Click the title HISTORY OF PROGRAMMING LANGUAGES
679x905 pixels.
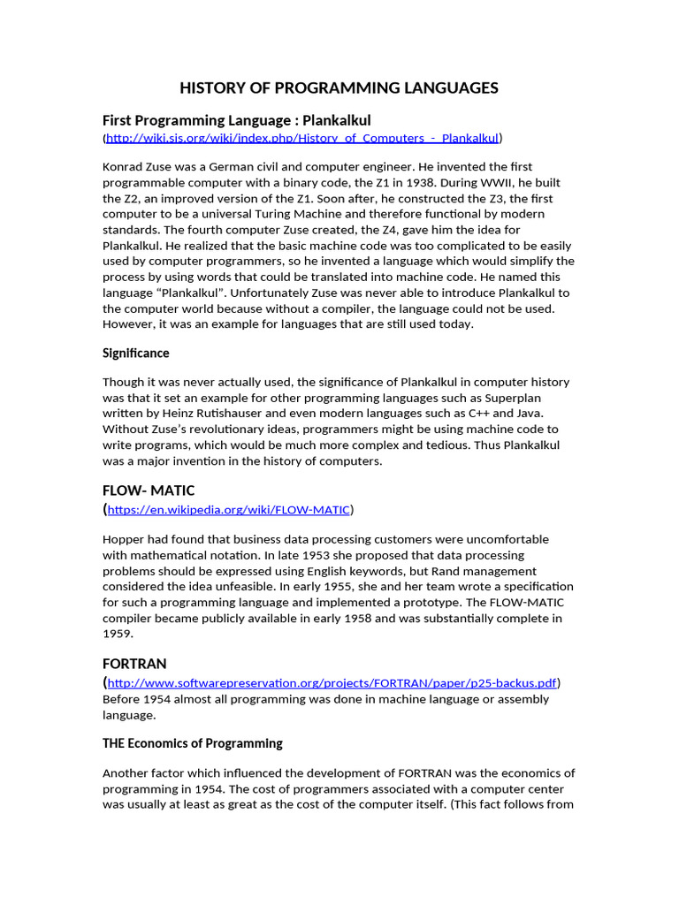(339, 87)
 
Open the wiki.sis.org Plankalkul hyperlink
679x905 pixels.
(302, 138)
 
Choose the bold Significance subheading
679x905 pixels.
(135, 353)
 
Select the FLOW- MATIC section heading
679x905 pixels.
(149, 490)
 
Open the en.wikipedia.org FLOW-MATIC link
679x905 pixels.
(229, 510)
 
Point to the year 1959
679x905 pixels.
(118, 634)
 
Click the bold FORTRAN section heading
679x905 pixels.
(134, 663)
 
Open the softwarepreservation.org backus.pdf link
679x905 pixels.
(332, 683)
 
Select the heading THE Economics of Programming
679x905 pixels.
(193, 743)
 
